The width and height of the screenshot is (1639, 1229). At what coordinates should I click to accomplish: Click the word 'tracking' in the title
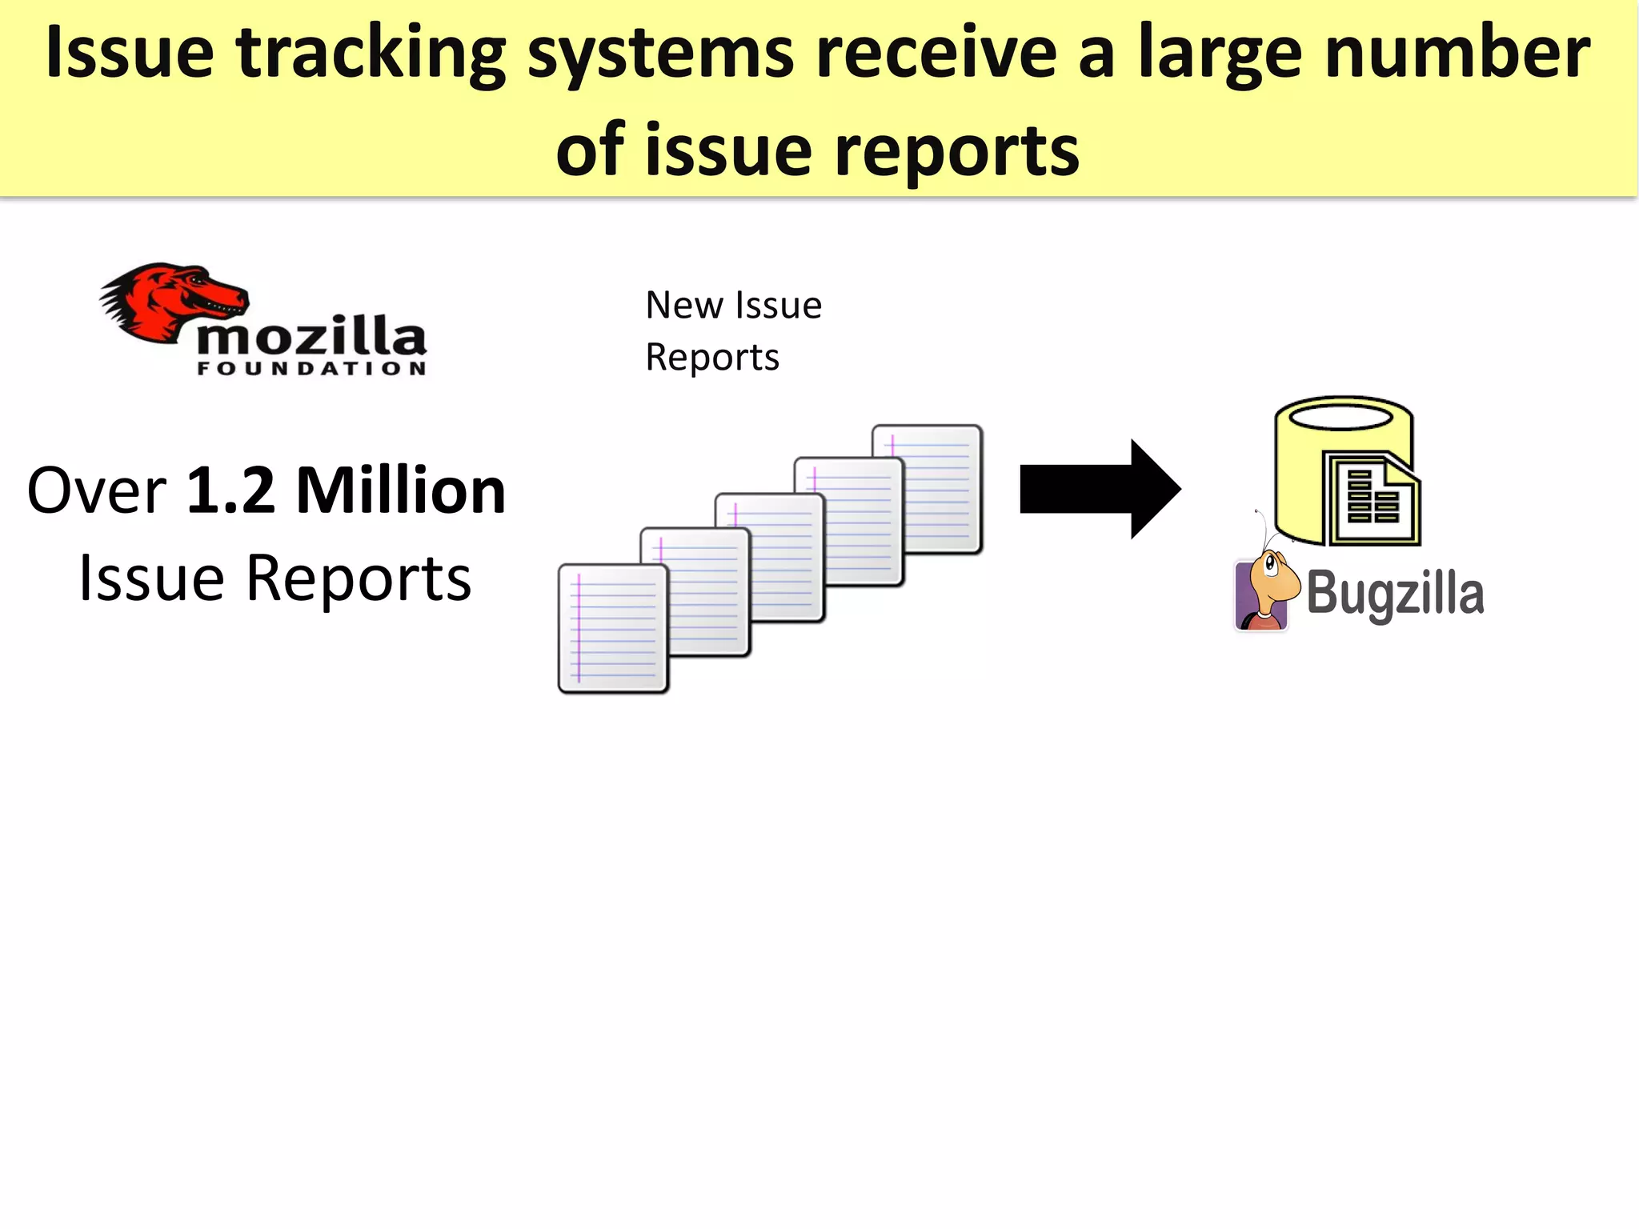[x=371, y=54]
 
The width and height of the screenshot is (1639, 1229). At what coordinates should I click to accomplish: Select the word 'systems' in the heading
[x=661, y=54]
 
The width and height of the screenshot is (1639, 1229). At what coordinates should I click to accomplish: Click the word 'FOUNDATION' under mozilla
[x=312, y=369]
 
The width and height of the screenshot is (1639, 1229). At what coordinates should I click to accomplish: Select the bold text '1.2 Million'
[x=346, y=490]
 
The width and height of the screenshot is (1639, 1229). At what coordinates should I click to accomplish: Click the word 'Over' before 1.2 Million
[x=96, y=490]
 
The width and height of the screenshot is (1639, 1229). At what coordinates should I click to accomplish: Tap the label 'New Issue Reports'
[x=732, y=330]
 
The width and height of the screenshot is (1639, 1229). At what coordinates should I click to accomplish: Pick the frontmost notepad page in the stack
[x=612, y=628]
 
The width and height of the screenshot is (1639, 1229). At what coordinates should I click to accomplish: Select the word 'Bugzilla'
[x=1395, y=594]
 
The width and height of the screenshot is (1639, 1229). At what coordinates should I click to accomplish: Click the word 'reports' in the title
[x=957, y=150]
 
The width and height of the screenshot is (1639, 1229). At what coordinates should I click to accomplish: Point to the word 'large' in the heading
[x=1220, y=54]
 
